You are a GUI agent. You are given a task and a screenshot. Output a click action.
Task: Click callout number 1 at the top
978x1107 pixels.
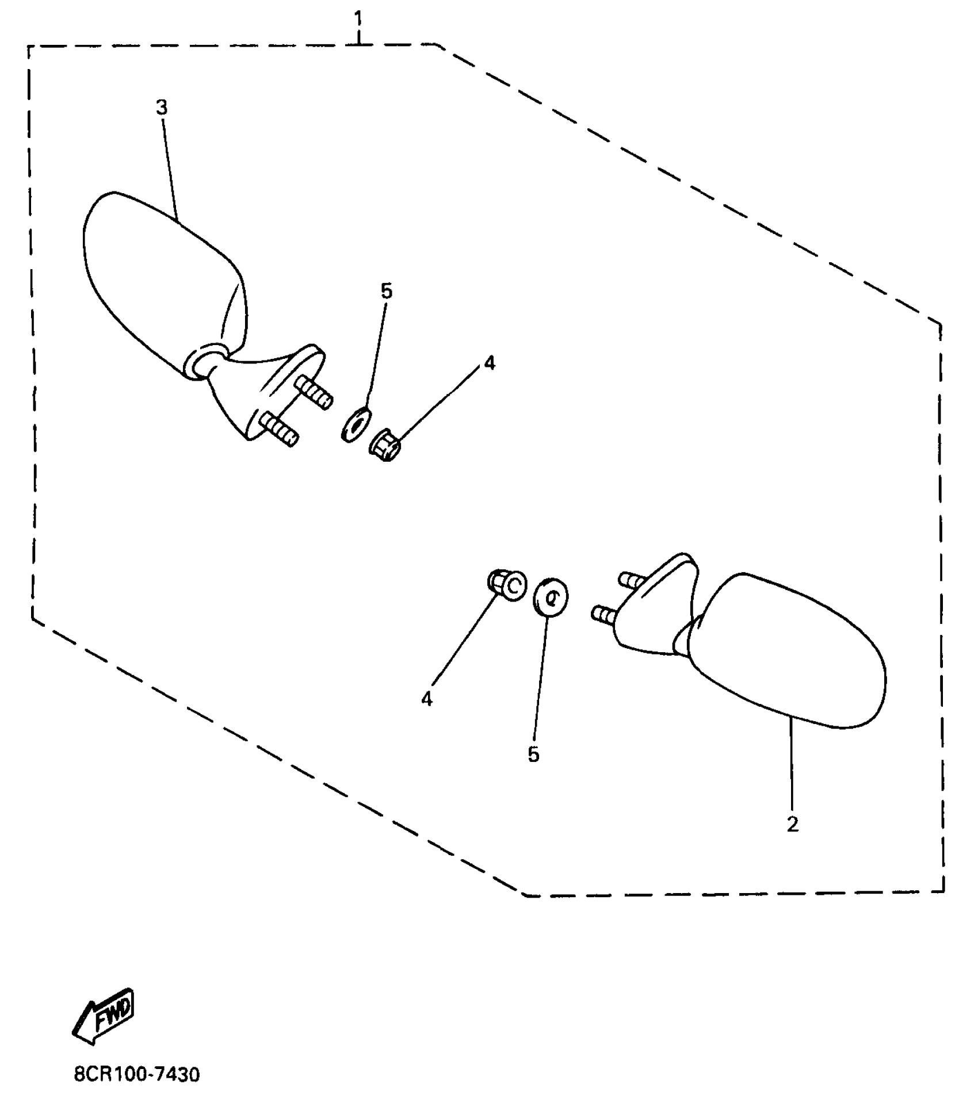tap(358, 19)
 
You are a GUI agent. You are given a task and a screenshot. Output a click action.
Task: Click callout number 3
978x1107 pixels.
tap(162, 107)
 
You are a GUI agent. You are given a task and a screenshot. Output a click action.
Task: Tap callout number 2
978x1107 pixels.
tap(792, 824)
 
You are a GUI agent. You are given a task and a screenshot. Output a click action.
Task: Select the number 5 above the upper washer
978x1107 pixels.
tap(387, 292)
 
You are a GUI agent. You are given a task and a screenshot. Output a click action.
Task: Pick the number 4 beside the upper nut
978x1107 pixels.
tap(489, 363)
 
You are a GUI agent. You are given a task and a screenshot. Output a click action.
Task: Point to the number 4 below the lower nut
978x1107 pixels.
tap(426, 699)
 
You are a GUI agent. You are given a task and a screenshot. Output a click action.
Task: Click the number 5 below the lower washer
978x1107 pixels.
tap(533, 754)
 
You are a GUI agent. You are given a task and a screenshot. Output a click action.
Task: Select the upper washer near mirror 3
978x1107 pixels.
tap(355, 424)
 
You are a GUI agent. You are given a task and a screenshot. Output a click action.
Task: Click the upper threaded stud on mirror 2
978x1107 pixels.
tap(631, 580)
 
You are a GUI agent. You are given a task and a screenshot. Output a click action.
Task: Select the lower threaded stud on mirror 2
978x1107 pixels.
tap(604, 615)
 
